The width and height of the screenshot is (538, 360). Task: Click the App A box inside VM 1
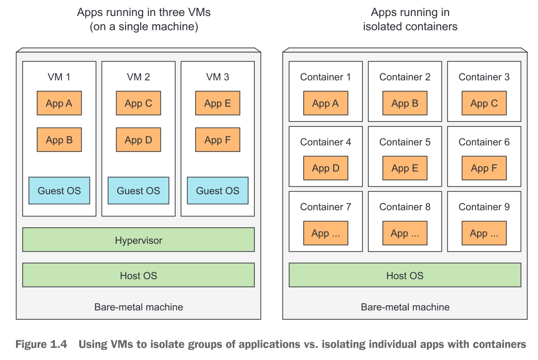click(59, 103)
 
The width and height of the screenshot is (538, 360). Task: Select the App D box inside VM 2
click(138, 140)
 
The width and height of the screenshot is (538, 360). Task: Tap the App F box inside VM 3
click(218, 140)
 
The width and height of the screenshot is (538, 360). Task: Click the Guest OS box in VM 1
click(59, 191)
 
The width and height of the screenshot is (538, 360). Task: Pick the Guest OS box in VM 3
click(218, 191)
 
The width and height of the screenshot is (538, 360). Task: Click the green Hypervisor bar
click(139, 240)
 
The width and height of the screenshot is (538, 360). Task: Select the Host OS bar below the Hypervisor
click(139, 275)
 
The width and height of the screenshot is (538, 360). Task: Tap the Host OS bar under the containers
click(405, 275)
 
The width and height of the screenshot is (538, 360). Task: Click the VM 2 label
click(138, 77)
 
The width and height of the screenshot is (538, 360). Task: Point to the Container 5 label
click(405, 142)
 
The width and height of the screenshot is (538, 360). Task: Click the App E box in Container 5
click(405, 168)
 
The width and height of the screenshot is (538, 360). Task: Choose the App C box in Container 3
click(484, 103)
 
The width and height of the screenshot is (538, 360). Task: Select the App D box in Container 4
click(326, 168)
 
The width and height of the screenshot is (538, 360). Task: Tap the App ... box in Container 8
click(405, 233)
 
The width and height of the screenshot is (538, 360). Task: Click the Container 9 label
click(484, 207)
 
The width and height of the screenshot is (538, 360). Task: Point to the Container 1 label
click(326, 77)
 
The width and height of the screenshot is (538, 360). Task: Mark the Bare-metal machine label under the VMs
click(139, 307)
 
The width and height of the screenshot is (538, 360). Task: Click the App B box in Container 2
click(405, 103)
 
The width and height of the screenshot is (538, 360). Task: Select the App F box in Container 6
click(484, 168)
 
